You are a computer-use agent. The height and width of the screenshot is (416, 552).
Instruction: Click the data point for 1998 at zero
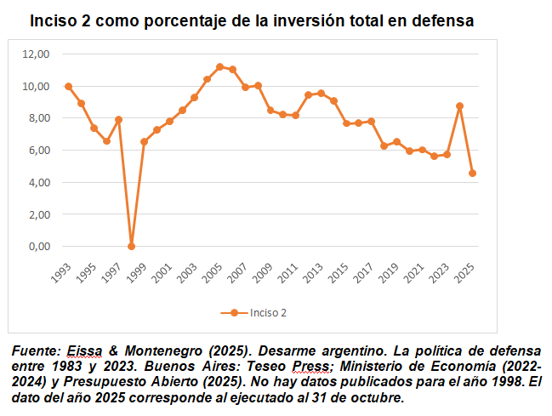[131, 247]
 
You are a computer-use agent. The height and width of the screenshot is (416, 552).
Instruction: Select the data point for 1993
[68, 87]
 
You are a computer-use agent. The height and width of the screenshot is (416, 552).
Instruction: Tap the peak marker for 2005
[219, 67]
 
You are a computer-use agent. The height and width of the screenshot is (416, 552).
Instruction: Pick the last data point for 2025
[472, 174]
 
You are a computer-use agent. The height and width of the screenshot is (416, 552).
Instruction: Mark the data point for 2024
[459, 106]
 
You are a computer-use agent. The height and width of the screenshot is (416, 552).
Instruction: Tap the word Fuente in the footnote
[35, 350]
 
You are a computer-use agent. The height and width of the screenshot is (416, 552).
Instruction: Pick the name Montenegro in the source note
[146, 350]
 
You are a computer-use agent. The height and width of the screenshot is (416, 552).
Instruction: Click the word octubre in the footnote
[373, 397]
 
